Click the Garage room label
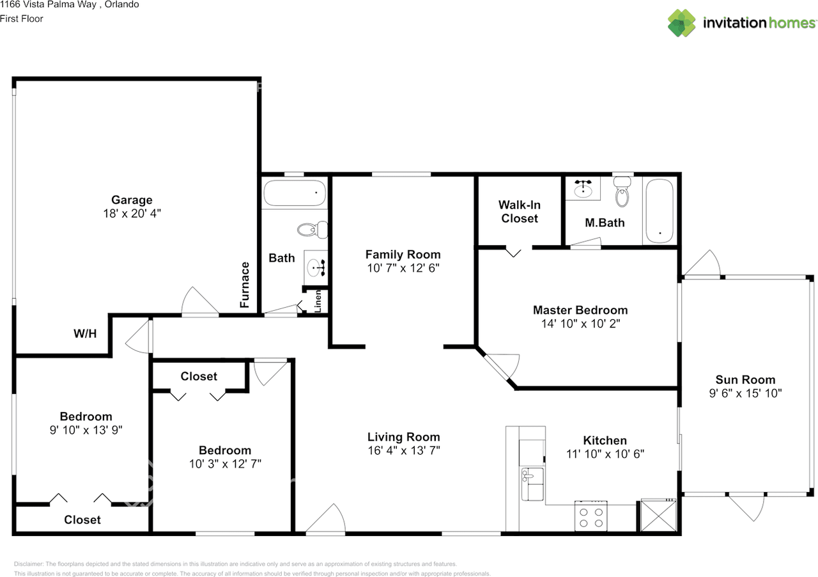132,200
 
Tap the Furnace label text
245,285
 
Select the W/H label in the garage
85,333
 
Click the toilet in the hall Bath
313,228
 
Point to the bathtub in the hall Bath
295,193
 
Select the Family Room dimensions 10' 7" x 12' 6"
403,269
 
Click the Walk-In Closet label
519,212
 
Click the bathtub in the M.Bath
658,211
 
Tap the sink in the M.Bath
583,189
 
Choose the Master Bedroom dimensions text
580,324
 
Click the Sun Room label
745,379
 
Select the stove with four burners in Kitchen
591,517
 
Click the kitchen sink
532,484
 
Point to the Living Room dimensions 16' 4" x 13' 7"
403,450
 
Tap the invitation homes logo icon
682,22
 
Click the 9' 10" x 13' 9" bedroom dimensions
86,430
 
